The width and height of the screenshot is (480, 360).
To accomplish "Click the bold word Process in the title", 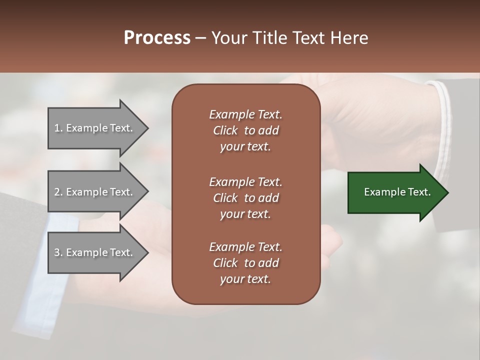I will [157, 38].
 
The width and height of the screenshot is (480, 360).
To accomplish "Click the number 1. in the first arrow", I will [58, 128].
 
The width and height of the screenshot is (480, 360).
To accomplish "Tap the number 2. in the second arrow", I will [58, 192].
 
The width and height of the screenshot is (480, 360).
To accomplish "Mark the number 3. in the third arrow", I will [58, 252].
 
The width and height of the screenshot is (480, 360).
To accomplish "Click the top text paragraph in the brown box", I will [245, 130].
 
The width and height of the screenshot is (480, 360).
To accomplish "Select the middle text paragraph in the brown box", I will [245, 197].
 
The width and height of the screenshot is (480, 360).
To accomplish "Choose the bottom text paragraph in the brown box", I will [245, 263].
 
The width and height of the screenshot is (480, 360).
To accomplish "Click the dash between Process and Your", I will [200, 38].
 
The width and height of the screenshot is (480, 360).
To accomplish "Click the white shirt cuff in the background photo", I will [443, 125].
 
